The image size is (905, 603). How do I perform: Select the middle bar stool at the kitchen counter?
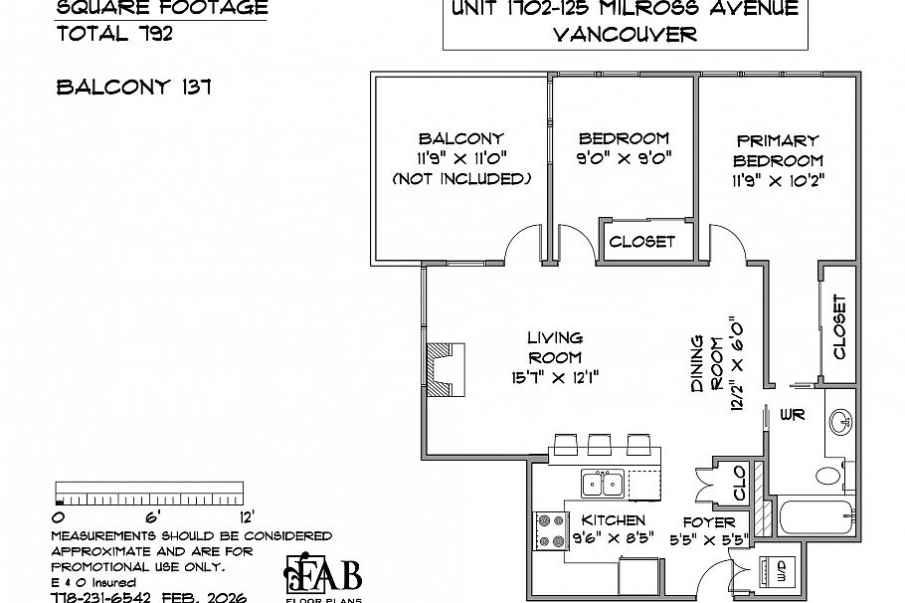[600, 443]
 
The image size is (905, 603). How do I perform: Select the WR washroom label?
[792, 413]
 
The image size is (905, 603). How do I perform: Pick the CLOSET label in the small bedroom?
[641, 241]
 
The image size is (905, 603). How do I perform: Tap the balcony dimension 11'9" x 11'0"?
[460, 159]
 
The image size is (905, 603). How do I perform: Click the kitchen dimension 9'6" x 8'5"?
[613, 540]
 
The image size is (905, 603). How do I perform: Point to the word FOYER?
[709, 521]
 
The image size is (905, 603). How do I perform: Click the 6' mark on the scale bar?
[152, 516]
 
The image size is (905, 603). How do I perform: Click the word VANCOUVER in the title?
[624, 34]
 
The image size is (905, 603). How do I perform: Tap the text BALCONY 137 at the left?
[132, 87]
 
